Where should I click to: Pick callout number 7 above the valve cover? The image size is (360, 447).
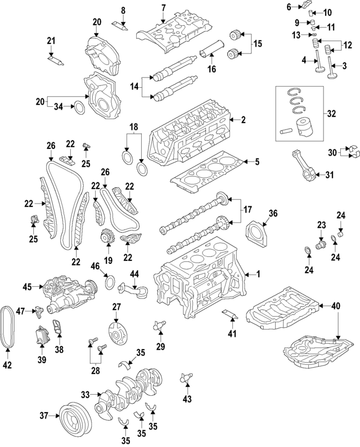pos(163,7)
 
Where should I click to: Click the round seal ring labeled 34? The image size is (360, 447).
pos(80,107)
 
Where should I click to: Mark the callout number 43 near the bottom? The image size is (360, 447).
pos(188,400)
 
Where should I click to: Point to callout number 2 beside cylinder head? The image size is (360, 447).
pos(244,119)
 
